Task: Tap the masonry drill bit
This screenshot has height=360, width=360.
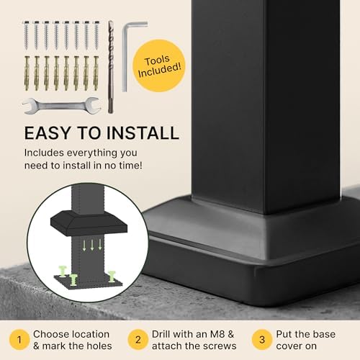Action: (111, 65)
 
